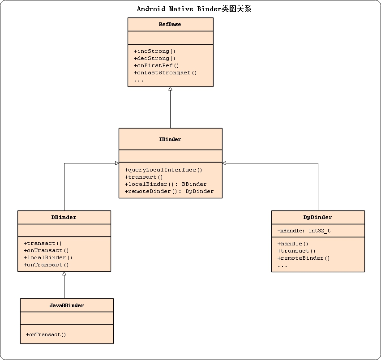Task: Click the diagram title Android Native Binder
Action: coord(194,9)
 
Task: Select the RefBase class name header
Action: coord(170,24)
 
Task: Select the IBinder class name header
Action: coord(170,139)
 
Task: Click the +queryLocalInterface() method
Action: coord(163,170)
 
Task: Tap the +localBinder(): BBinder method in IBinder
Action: coord(165,184)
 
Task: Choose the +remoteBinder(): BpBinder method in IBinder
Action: coord(169,191)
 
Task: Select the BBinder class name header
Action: coord(64,217)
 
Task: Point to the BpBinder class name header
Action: coord(318,217)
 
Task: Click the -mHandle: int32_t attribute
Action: coord(304,231)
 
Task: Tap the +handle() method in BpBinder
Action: coord(293,244)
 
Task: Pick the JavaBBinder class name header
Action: coord(67,305)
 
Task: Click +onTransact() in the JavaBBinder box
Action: coord(46,334)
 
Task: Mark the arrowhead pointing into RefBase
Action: coord(170,89)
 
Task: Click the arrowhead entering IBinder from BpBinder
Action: coord(225,163)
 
